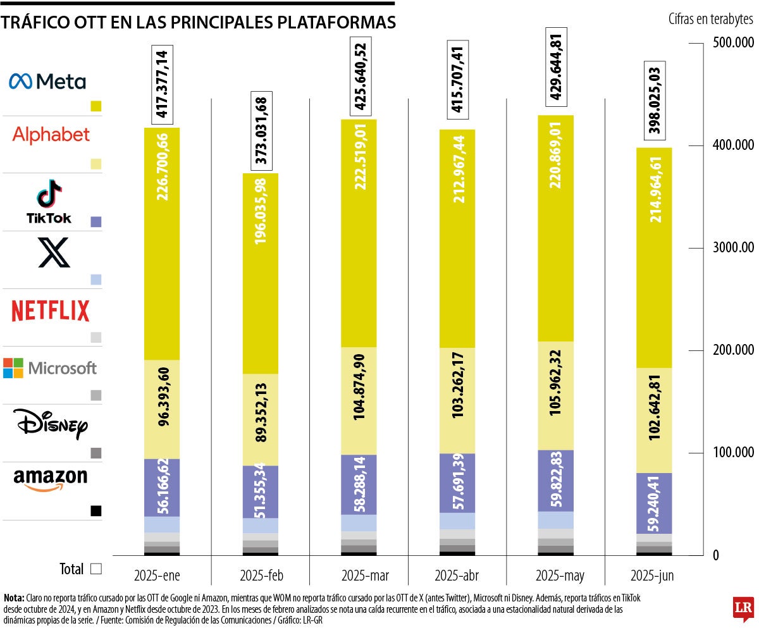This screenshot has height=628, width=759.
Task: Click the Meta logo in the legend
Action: coord(47,81)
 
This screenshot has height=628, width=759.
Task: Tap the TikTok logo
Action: coord(49,202)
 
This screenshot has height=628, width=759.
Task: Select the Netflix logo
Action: coord(51,311)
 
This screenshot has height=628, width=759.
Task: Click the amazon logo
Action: coord(51,478)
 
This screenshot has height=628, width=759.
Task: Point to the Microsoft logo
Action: coord(50,368)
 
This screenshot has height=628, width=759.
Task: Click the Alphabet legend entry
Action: coord(51,135)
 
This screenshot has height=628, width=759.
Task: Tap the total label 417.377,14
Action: coord(163,84)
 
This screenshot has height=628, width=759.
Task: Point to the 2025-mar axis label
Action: coord(365,576)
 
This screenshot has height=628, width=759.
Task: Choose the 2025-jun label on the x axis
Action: coord(653,576)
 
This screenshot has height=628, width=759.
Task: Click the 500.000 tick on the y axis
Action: coord(732,43)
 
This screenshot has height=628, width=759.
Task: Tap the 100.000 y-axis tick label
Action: coord(732,453)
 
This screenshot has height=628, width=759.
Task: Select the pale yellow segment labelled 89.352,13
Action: coord(261,420)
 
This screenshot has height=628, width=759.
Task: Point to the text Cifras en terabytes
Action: coord(710,18)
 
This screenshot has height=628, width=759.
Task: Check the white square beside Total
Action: coord(96,569)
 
